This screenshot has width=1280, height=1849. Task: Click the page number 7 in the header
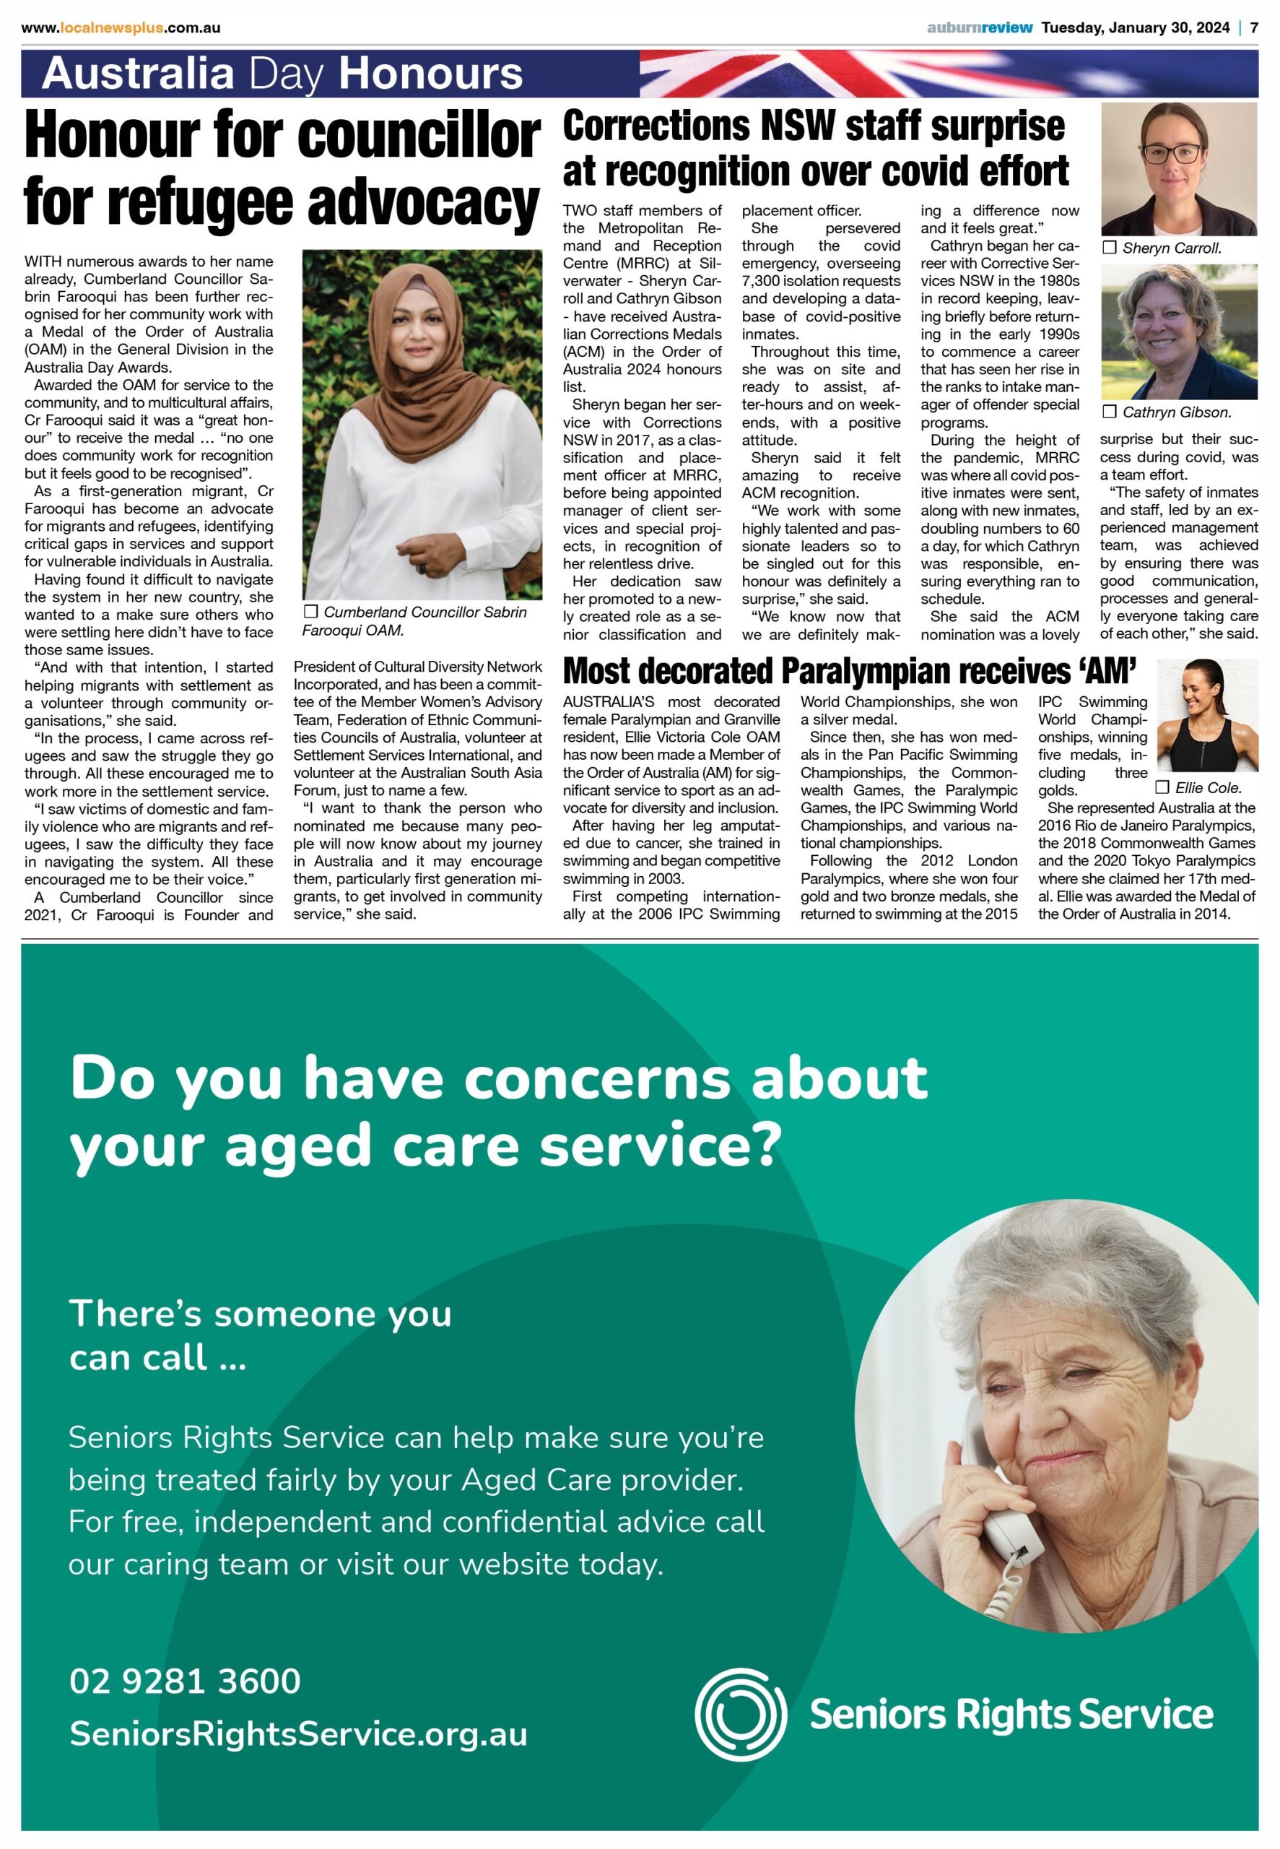pyautogui.click(x=1253, y=28)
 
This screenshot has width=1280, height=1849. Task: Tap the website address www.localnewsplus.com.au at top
pyautogui.click(x=121, y=28)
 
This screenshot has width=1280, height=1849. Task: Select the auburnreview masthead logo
pyautogui.click(x=979, y=28)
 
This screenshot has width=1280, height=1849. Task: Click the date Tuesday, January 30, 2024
pyautogui.click(x=1135, y=28)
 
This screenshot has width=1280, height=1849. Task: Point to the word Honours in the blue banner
pyautogui.click(x=431, y=74)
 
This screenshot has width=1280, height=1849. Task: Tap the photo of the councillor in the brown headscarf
pyautogui.click(x=422, y=425)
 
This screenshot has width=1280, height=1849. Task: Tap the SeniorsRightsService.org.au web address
pyautogui.click(x=298, y=1734)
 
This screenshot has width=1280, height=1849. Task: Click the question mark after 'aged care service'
pyautogui.click(x=767, y=1146)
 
